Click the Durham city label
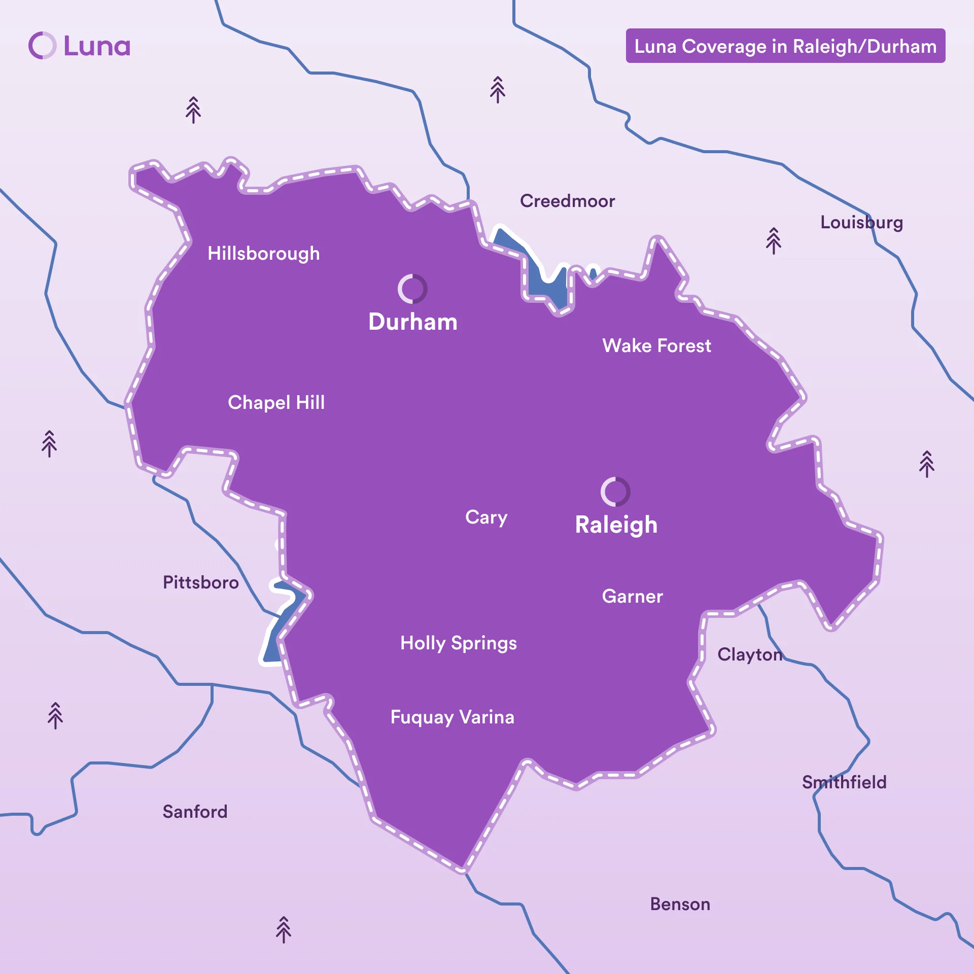tap(412, 322)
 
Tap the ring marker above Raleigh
tap(615, 492)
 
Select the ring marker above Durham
tap(412, 289)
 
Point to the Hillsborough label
tap(263, 253)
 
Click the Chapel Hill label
tap(276, 402)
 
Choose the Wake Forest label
tap(656, 345)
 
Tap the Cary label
tap(486, 517)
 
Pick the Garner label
tap(632, 596)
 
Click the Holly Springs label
tap(458, 643)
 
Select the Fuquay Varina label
tap(452, 717)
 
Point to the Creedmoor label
tap(567, 201)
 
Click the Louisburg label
tap(861, 222)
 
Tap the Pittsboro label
tap(200, 582)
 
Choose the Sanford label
tap(195, 811)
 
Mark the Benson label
tap(680, 904)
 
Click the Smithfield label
tap(844, 782)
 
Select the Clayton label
tap(749, 654)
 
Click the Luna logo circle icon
tap(42, 46)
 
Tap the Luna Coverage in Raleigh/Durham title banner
tap(785, 46)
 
